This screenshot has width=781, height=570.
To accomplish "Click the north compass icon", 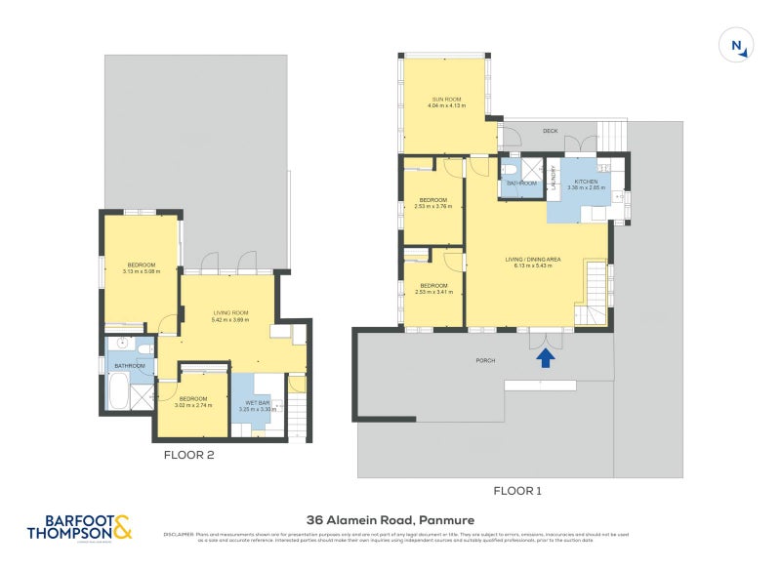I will coord(737,46).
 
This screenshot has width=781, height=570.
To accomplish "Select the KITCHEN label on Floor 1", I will coord(586,183).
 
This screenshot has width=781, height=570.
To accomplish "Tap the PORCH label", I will coord(485,361).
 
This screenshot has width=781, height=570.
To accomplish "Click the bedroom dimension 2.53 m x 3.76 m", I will coord(432,207).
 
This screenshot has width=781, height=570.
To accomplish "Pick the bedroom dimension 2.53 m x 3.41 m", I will coord(432,292).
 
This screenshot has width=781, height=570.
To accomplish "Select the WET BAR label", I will coord(258,402).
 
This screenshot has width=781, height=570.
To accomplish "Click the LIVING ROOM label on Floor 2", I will coord(231,313).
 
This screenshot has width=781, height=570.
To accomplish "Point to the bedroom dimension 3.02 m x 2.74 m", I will coord(192,405).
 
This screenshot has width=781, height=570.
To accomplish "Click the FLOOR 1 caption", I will coord(517,492).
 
